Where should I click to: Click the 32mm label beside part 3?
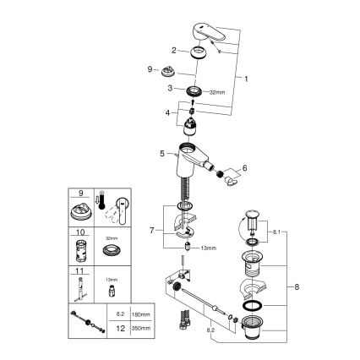pyautogui.click(x=218, y=91)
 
